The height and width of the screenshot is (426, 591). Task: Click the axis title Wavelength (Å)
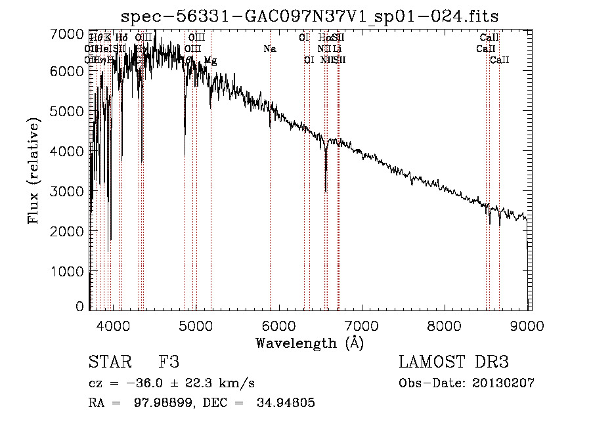[309, 343]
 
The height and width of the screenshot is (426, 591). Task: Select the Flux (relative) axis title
[34, 170]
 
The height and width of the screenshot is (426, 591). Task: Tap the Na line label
[270, 49]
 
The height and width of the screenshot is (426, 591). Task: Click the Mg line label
[210, 60]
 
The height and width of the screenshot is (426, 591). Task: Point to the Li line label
[337, 49]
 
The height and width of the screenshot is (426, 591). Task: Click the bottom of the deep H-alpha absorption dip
[326, 191]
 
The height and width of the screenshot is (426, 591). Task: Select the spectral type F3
[169, 362]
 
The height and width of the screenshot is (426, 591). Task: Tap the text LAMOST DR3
[454, 362]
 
